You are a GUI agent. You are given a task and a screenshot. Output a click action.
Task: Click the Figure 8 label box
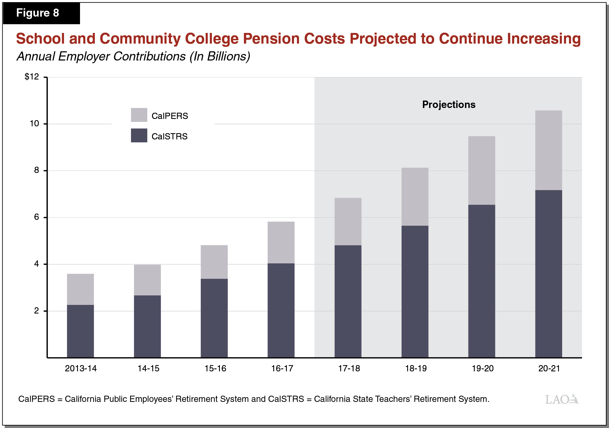click(x=41, y=13)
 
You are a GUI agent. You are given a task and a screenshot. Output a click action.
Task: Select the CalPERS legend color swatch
click(x=139, y=115)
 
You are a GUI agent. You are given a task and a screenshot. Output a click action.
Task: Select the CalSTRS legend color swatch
click(x=139, y=135)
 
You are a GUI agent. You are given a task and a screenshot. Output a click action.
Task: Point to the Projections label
click(x=448, y=104)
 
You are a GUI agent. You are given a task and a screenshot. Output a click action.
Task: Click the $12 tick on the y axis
click(x=32, y=77)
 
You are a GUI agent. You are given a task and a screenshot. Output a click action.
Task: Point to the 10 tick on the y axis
click(x=34, y=124)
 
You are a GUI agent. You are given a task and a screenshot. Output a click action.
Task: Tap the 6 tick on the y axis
click(x=36, y=217)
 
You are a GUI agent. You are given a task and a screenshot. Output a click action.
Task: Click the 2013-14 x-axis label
click(x=81, y=368)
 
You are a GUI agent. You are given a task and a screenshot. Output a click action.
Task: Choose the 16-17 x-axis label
click(x=282, y=368)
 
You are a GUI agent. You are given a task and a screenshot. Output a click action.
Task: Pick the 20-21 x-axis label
click(x=549, y=368)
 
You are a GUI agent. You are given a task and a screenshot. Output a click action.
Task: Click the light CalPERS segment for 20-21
click(x=548, y=150)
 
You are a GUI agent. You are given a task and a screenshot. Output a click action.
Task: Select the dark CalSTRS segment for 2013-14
click(x=80, y=331)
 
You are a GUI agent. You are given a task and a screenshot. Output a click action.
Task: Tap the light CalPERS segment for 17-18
click(x=348, y=221)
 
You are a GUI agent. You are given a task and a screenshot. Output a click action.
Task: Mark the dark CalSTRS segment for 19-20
click(x=482, y=281)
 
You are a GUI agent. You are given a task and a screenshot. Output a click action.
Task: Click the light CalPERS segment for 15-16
click(x=214, y=262)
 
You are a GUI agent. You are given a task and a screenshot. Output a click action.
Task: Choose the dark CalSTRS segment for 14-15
click(x=147, y=326)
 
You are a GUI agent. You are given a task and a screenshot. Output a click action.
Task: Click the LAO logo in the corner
click(x=561, y=399)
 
